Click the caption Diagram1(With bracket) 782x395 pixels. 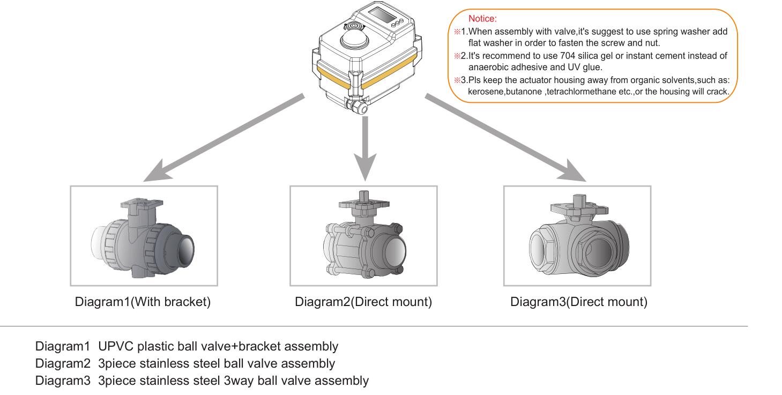143,302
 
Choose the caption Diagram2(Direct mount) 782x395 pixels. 363,302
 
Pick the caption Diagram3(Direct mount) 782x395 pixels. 578,302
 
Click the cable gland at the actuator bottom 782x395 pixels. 357,107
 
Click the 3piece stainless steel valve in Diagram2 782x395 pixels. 363,239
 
